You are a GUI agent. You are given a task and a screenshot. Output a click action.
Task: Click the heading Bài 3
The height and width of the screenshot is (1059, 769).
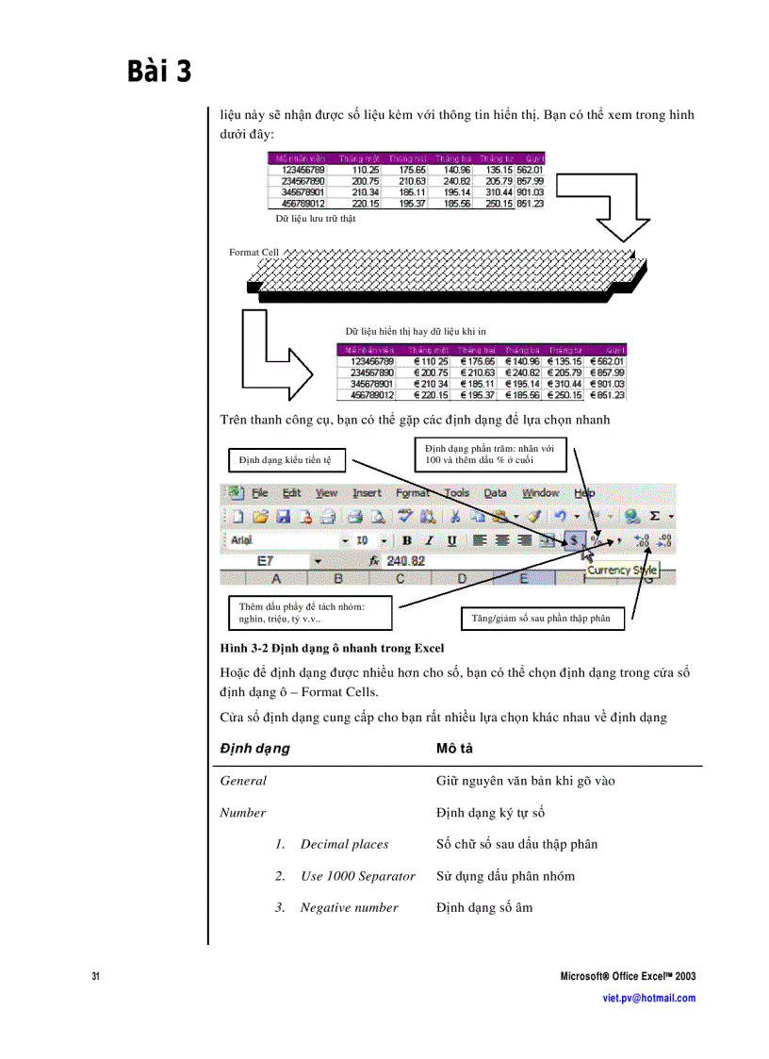click(x=159, y=72)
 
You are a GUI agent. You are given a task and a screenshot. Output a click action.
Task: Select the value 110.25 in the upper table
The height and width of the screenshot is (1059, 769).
click(x=366, y=170)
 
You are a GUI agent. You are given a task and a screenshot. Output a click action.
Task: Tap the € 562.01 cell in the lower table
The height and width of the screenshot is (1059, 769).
click(x=606, y=360)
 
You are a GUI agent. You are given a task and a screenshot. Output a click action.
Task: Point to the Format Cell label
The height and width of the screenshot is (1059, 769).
click(x=254, y=253)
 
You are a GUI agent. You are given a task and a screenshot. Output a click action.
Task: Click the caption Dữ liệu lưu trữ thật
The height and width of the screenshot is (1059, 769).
click(x=315, y=218)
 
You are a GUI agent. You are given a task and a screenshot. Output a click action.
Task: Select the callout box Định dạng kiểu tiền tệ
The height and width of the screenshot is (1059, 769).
click(x=286, y=460)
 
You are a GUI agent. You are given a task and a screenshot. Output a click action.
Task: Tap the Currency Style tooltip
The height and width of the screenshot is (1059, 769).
click(x=621, y=571)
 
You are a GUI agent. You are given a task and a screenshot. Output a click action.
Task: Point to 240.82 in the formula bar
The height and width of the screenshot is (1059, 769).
click(x=406, y=560)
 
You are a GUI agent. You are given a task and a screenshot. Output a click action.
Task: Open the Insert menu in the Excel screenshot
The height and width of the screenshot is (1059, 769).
click(x=367, y=493)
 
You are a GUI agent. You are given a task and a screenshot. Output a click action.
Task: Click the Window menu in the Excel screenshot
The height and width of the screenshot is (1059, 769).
click(x=540, y=493)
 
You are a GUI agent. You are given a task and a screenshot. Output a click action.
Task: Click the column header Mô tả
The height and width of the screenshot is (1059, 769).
click(x=454, y=748)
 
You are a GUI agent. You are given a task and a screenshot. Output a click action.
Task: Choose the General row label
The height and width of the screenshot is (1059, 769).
click(x=243, y=781)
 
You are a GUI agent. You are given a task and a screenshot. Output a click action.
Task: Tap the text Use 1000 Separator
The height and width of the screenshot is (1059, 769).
click(x=357, y=876)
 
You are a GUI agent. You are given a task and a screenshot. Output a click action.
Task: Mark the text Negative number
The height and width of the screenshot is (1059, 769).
click(x=349, y=908)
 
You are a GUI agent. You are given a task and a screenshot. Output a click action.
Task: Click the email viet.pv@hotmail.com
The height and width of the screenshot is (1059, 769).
click(x=648, y=998)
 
